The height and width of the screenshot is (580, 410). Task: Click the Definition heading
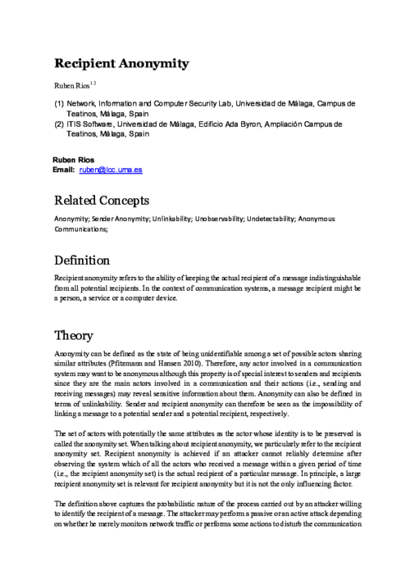coord(82,261)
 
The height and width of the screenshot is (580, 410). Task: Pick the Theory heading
coord(74,336)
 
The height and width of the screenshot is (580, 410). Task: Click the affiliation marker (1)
coord(59,104)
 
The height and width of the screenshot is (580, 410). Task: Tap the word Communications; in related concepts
coord(81,230)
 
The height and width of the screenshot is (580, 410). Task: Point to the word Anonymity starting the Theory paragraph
coord(71,352)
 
